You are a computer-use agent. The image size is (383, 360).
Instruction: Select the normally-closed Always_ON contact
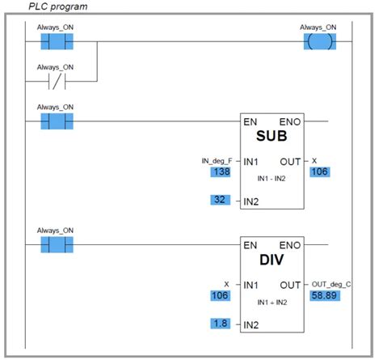[x=56, y=81]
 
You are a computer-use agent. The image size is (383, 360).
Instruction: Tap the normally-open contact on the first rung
[x=56, y=40]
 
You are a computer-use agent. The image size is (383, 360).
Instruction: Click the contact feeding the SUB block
[x=56, y=121]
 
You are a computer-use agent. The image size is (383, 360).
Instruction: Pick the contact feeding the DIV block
[x=56, y=244]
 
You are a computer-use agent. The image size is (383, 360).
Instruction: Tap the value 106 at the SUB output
[x=321, y=172]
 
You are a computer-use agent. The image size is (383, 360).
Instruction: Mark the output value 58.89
[x=326, y=296]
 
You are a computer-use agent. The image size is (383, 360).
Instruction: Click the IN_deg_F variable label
[x=217, y=160]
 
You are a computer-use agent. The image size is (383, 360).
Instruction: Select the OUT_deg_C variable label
[x=331, y=284]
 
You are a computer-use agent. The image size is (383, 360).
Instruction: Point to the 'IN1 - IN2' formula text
[x=272, y=174]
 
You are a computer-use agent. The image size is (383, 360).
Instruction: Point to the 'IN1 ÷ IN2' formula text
[x=272, y=299]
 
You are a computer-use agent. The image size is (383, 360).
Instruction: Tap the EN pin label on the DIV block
[x=251, y=244]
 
